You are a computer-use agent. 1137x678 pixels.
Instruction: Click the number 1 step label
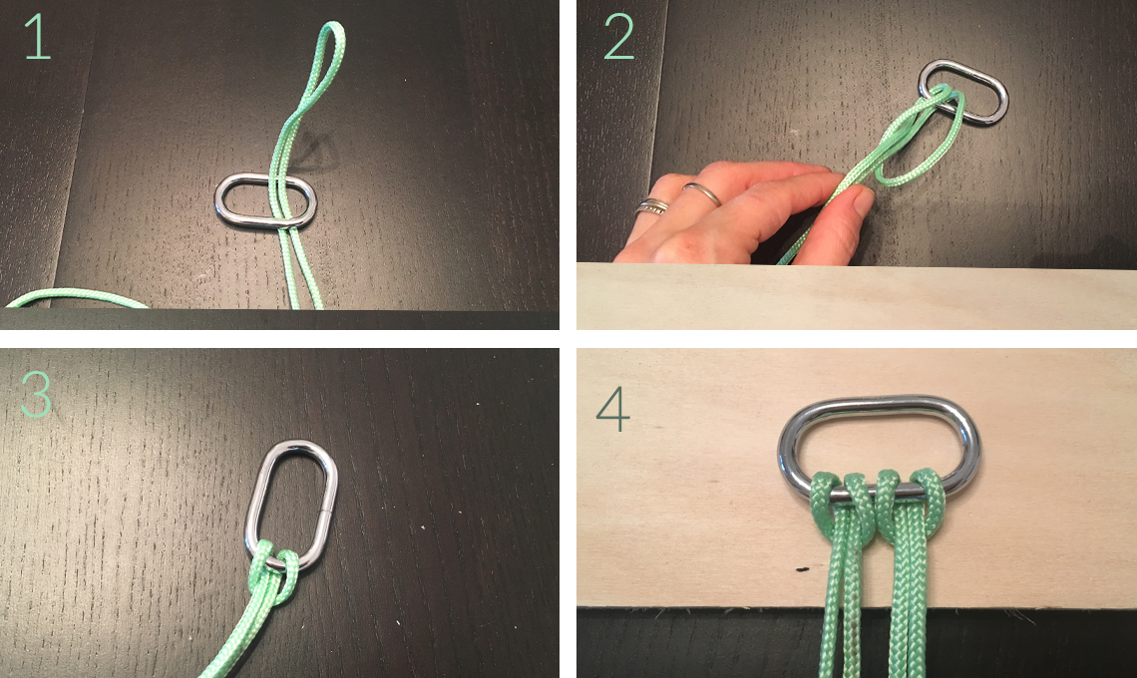tap(38, 37)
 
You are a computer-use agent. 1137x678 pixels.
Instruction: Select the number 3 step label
tap(36, 394)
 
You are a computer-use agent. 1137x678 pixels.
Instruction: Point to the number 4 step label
tap(612, 409)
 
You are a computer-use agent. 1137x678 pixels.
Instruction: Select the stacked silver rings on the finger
tap(652, 206)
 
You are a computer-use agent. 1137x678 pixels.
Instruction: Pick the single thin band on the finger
tap(702, 192)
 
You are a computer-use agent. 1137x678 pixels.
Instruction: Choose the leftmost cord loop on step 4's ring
tap(825, 494)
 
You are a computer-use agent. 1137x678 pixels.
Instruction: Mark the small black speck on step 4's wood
tap(801, 569)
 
